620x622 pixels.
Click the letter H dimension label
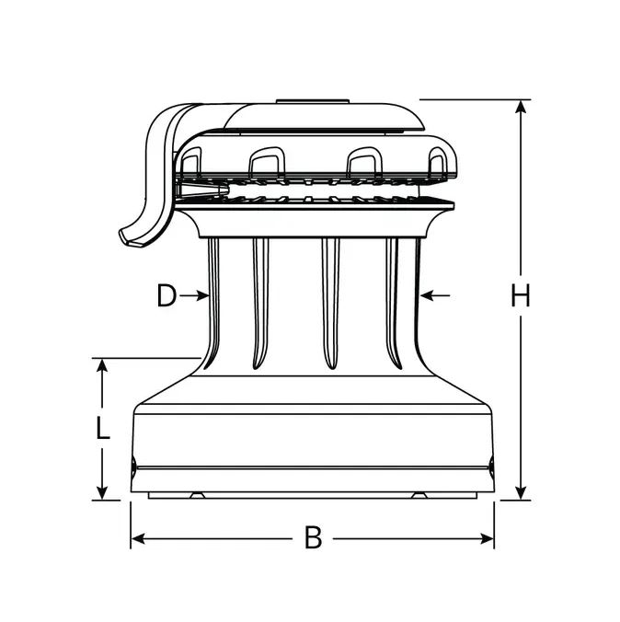tap(520, 295)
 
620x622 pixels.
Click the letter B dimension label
tap(313, 537)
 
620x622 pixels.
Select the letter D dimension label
tap(166, 295)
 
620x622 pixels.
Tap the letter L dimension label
tap(103, 428)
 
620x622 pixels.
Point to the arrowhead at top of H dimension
tap(521, 107)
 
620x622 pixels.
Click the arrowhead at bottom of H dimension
tap(521, 493)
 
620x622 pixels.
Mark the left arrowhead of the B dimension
tap(138, 538)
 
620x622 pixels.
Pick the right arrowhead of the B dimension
tap(488, 538)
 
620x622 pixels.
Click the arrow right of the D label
tap(194, 295)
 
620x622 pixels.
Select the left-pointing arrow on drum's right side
tap(435, 295)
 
